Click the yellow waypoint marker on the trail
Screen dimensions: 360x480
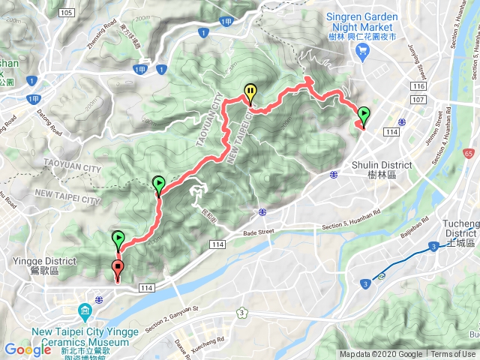click(250, 93)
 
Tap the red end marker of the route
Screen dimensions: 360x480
click(118, 268)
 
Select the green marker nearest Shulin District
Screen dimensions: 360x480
click(364, 115)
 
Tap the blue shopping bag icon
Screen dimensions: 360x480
click(364, 52)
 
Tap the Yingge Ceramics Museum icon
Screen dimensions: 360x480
click(84, 310)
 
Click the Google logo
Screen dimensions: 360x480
click(28, 349)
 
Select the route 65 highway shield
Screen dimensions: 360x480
click(468, 153)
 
